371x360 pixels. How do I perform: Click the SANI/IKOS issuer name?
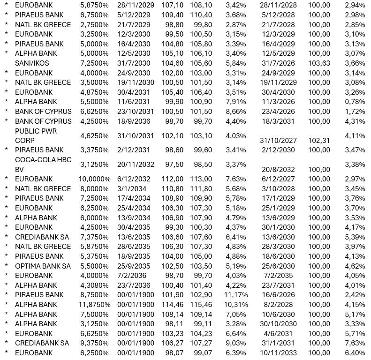(x=32, y=63)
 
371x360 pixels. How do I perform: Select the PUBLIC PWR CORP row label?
(x=36, y=135)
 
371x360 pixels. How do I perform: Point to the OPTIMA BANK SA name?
(x=43, y=266)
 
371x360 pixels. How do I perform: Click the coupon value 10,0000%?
(x=94, y=179)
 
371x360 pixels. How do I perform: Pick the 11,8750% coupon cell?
(x=94, y=305)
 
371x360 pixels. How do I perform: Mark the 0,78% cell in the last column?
(x=355, y=102)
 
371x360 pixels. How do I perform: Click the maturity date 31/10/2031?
(x=134, y=136)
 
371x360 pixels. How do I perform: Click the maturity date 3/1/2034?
(x=134, y=189)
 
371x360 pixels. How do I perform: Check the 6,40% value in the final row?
(x=355, y=353)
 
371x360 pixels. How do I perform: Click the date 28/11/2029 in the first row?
(x=134, y=5)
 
